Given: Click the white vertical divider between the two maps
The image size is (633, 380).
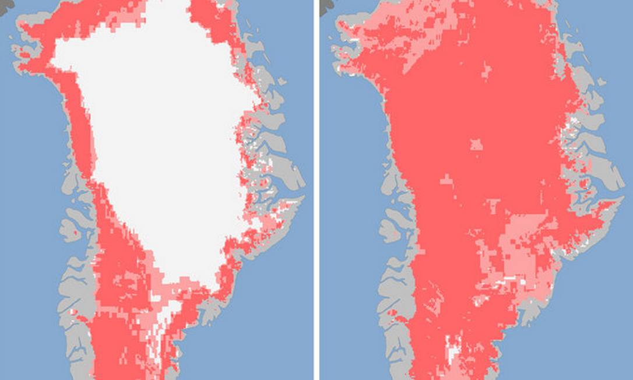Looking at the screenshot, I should [x=316, y=190].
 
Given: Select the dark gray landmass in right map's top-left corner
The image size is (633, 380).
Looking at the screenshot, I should [x=326, y=4].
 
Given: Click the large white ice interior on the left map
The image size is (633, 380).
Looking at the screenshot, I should [x=163, y=134].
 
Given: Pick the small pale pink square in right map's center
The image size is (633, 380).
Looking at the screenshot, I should [x=477, y=144].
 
